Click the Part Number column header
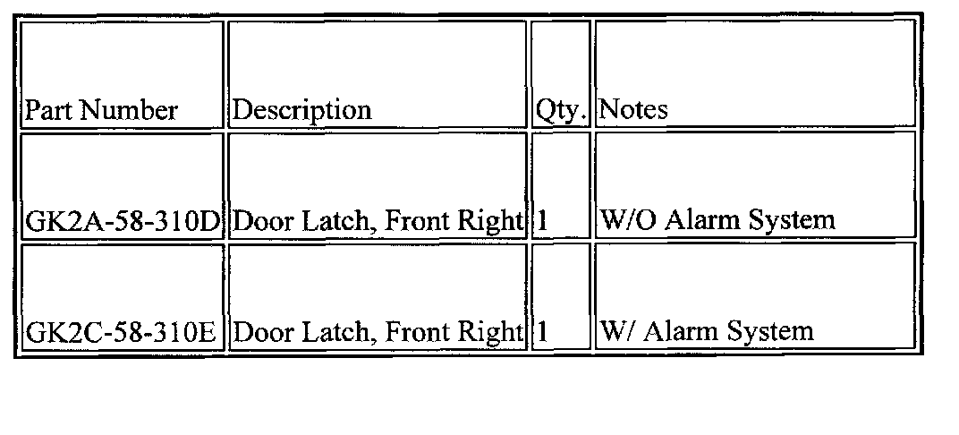[101, 111]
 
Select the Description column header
[301, 111]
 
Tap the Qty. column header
[561, 111]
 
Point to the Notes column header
[633, 110]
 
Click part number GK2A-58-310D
[123, 221]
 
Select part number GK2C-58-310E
[122, 333]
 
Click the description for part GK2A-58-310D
[377, 221]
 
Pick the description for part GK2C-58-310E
[377, 333]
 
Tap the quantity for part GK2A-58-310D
[541, 221]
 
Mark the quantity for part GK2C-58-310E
[541, 333]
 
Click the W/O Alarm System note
[718, 220]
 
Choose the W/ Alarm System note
[707, 332]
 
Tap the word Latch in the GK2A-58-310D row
[335, 221]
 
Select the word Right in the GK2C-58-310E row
[492, 333]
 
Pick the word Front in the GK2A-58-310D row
[420, 221]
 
